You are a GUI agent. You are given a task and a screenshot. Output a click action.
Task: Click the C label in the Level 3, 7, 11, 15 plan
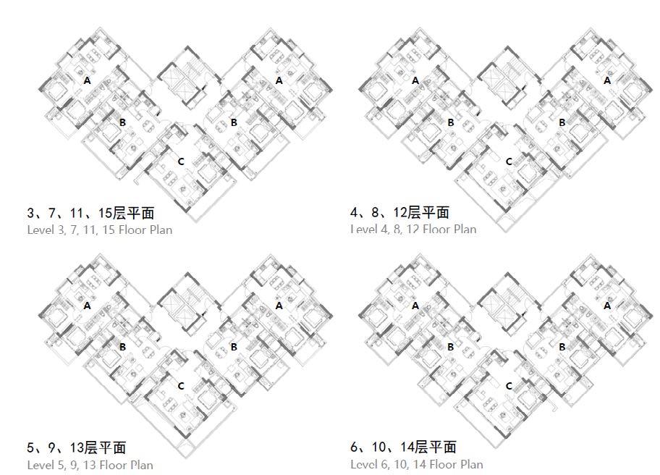pos(181,161)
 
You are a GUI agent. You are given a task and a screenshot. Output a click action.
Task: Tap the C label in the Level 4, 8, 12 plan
pos(509,161)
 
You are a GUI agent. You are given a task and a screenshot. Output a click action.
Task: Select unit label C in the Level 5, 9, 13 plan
pos(181,387)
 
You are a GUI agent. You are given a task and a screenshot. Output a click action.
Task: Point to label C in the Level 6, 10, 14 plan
pos(509,387)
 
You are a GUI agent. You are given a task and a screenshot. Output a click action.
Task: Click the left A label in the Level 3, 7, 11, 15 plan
pos(88,80)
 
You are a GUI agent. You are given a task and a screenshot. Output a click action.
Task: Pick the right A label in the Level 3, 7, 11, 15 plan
pos(279,80)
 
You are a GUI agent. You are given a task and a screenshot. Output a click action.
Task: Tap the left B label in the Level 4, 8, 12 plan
pos(451,122)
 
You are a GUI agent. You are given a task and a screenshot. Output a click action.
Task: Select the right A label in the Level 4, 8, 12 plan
pos(607,80)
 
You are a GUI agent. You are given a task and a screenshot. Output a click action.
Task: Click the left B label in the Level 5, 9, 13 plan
pos(123,348)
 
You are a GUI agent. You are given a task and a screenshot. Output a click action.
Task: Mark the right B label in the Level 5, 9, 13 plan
pos(234,348)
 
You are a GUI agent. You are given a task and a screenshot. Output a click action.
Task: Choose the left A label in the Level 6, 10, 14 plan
pos(415,306)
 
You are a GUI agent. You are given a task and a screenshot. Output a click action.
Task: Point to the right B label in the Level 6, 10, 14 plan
pos(562,348)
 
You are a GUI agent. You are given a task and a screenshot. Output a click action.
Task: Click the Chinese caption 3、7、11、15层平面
pos(90,213)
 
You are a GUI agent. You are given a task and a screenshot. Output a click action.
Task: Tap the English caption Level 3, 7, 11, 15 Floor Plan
pos(100,230)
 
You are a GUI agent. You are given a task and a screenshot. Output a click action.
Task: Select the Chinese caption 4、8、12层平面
pos(399,213)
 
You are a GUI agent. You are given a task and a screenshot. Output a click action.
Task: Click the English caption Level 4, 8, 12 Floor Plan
pos(413,230)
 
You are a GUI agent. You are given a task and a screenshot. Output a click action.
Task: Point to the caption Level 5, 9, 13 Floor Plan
pos(90,464)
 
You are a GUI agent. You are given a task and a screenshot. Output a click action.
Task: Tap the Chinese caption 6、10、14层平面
pos(403,447)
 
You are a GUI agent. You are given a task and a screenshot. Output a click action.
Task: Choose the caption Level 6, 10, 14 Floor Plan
pos(416,464)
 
